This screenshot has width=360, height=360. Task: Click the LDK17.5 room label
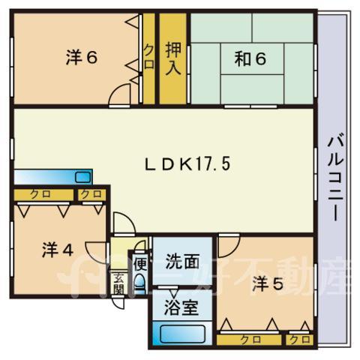[x=187, y=164]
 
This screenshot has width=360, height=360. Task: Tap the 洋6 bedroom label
[x=82, y=58]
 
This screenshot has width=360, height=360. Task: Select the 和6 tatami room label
[x=250, y=58]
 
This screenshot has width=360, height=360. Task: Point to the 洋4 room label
[x=58, y=250]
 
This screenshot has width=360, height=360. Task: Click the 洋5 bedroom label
[x=268, y=284]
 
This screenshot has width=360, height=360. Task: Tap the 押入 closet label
[x=173, y=58]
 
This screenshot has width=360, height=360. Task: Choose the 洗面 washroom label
[x=183, y=262]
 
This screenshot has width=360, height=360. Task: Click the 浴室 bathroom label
[x=181, y=307]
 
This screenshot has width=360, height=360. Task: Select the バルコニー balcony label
[x=336, y=178]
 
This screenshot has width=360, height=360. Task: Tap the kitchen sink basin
[x=82, y=177]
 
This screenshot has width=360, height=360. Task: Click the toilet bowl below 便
[x=139, y=281]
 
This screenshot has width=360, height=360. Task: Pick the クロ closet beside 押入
[x=149, y=58]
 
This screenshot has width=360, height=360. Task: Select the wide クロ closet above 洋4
[x=43, y=195]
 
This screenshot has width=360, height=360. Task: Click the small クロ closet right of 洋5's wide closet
[x=299, y=340]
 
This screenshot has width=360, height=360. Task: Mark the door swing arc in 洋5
[x=234, y=251]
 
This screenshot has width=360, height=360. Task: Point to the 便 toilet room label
[x=140, y=265]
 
